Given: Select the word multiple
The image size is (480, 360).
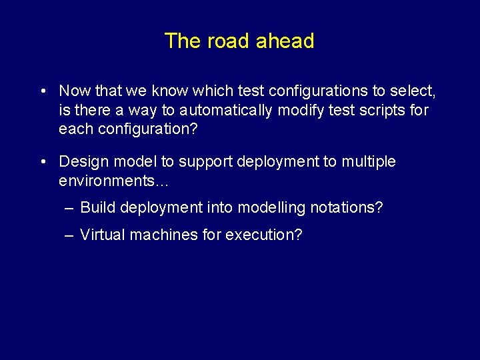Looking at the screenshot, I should click(x=369, y=162).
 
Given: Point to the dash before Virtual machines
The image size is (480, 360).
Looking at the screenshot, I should click(x=70, y=235).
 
